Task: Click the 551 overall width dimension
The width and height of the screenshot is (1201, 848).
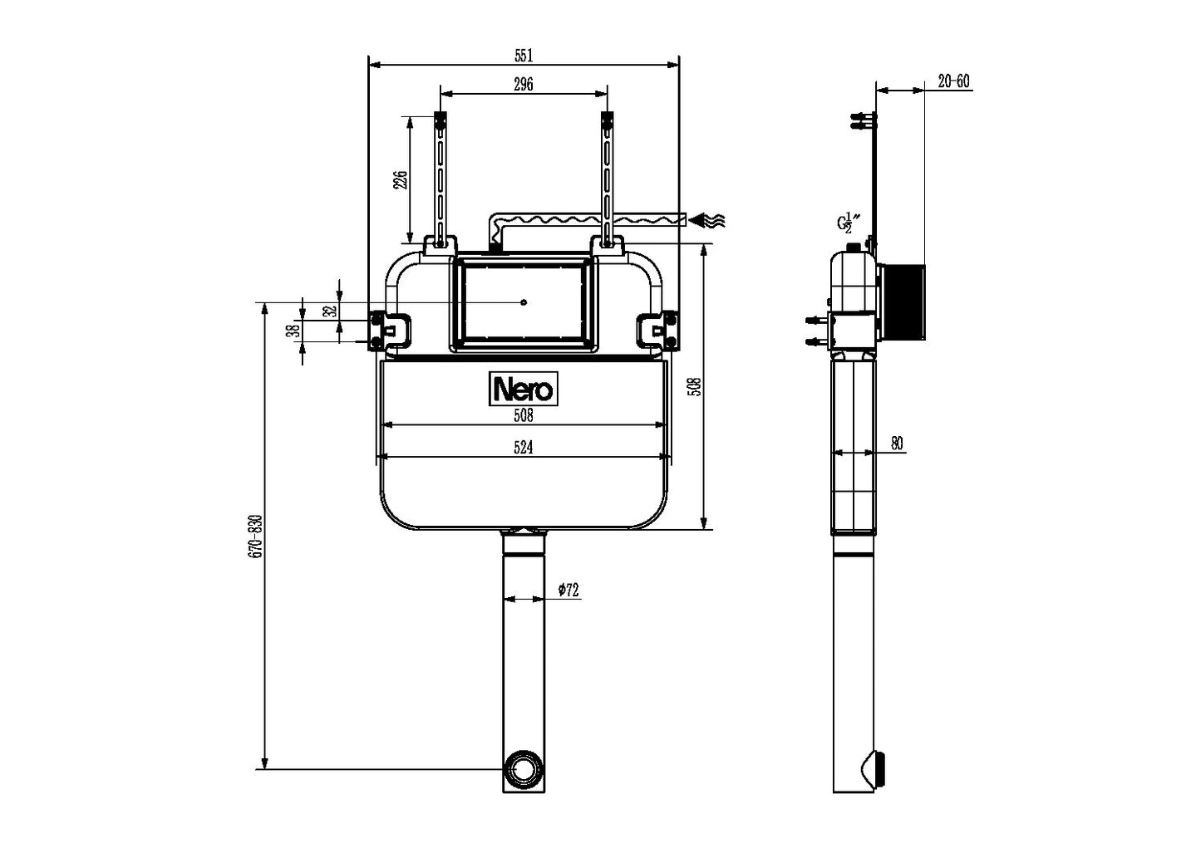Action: [523, 56]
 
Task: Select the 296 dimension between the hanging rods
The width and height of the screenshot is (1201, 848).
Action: [523, 83]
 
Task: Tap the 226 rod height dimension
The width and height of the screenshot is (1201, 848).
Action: [400, 180]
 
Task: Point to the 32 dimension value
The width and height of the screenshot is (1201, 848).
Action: [329, 311]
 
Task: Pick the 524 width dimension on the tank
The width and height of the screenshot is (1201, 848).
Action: [523, 448]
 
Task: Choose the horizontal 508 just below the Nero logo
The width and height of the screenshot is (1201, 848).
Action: [523, 416]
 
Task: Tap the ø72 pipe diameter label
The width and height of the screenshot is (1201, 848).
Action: [569, 591]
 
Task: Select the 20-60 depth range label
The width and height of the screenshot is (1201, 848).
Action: [952, 81]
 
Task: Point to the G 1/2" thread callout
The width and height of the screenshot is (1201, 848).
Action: [848, 223]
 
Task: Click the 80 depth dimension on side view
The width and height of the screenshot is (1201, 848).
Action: [897, 444]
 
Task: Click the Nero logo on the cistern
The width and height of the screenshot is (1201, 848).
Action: [523, 389]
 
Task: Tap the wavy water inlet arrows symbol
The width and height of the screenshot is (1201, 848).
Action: [708, 220]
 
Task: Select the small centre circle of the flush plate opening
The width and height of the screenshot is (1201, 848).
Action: [523, 302]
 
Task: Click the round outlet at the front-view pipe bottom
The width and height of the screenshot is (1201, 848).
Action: [524, 769]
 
